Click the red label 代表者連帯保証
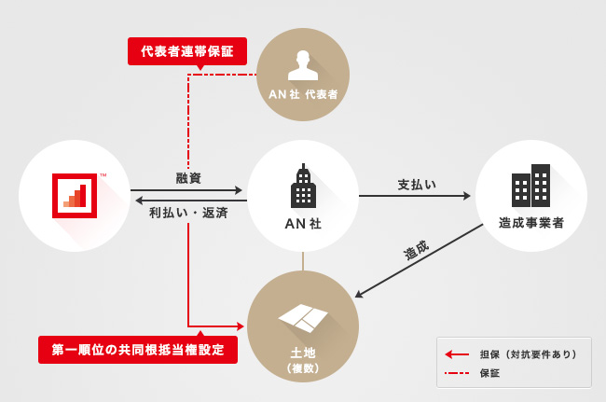click(187, 50)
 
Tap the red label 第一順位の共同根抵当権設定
click(138, 350)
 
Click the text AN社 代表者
click(302, 94)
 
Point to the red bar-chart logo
click(76, 194)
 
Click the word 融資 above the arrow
click(188, 178)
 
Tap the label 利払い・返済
click(188, 213)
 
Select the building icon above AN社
click(303, 187)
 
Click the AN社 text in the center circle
click(303, 224)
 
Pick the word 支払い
click(417, 184)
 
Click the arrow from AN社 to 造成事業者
click(414, 196)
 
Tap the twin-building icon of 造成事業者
click(530, 186)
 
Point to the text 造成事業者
click(530, 223)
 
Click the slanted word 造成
click(416, 250)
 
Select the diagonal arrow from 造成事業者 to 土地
click(420, 260)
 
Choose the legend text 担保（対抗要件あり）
click(528, 354)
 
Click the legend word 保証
click(489, 373)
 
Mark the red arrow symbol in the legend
click(457, 354)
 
